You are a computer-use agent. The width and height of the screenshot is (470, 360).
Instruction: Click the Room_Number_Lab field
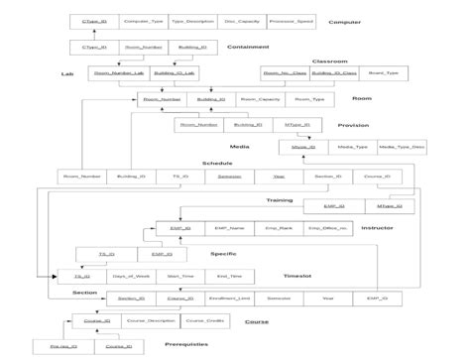[x=118, y=72]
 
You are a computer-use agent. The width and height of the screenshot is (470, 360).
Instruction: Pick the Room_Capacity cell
[x=261, y=99]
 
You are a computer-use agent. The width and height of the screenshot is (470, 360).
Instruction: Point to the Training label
[x=279, y=200]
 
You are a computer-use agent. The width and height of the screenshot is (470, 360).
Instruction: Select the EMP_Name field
[x=229, y=229]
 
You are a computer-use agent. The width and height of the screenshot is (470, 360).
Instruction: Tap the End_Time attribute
[x=228, y=277]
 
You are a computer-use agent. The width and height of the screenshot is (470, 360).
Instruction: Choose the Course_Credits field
[x=201, y=321]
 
